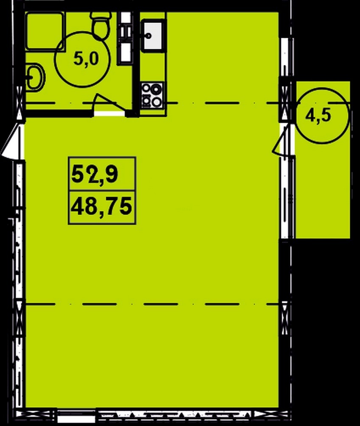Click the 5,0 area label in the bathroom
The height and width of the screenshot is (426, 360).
click(86, 59)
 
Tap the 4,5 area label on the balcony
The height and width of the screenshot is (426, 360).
click(318, 116)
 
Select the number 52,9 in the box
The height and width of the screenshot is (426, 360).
click(95, 174)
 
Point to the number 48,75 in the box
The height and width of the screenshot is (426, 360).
click(101, 207)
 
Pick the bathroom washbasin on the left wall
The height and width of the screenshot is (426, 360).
click(35, 77)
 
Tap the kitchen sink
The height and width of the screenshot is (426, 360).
click(152, 35)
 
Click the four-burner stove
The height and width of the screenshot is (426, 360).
click(152, 95)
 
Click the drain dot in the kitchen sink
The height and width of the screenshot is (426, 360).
click(149, 35)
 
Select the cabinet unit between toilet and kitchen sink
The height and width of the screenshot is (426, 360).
click(125, 38)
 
